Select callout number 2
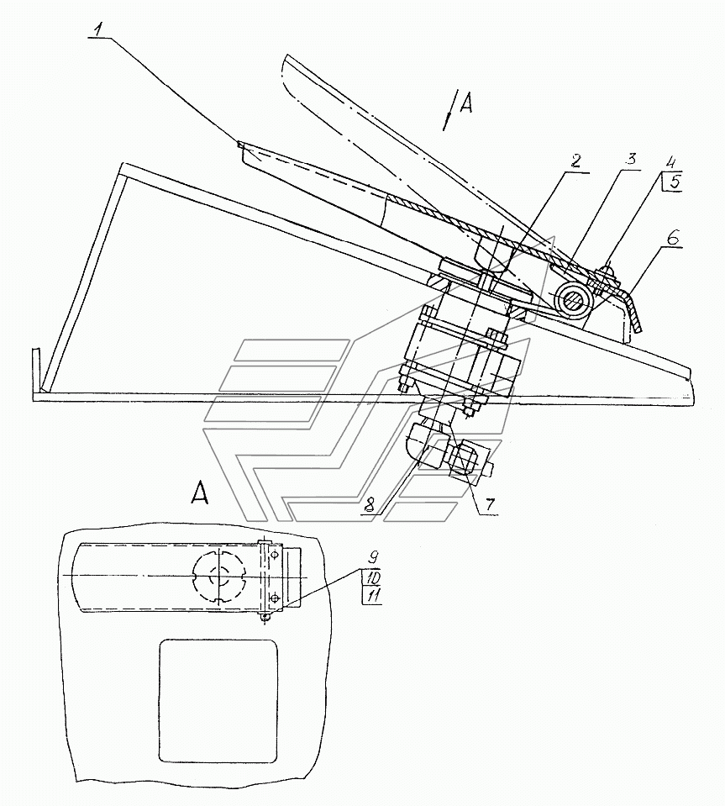(x=575, y=161)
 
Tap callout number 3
(x=630, y=160)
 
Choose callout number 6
(x=674, y=238)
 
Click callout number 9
(x=374, y=556)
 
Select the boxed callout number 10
(x=372, y=577)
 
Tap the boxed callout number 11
(x=372, y=596)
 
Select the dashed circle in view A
(x=219, y=577)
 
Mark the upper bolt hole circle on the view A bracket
(x=276, y=555)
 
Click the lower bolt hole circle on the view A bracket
(x=275, y=598)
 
